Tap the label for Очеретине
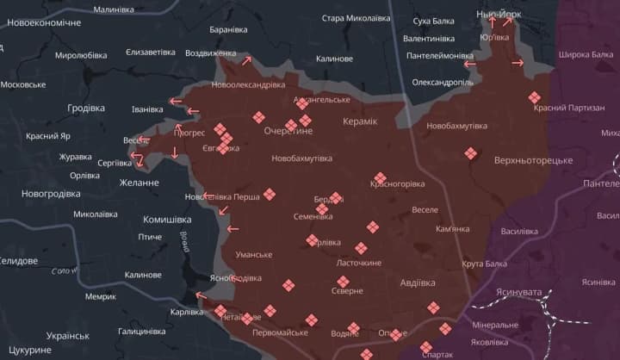pyautogui.click(x=288, y=131)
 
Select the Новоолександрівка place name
pyautogui.click(x=248, y=85)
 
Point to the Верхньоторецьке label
pyautogui.click(x=533, y=161)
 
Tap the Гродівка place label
pyautogui.click(x=86, y=108)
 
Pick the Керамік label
pyautogui.click(x=359, y=121)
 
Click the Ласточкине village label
pyautogui.click(x=358, y=263)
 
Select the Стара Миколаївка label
pyautogui.click(x=356, y=18)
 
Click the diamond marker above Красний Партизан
pyautogui.click(x=535, y=97)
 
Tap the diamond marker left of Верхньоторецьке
pyautogui.click(x=470, y=154)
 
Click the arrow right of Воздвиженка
pyautogui.click(x=247, y=60)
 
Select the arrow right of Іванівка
pyautogui.click(x=175, y=102)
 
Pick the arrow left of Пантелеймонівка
pyautogui.click(x=469, y=63)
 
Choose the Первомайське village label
pyautogui.click(x=280, y=332)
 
